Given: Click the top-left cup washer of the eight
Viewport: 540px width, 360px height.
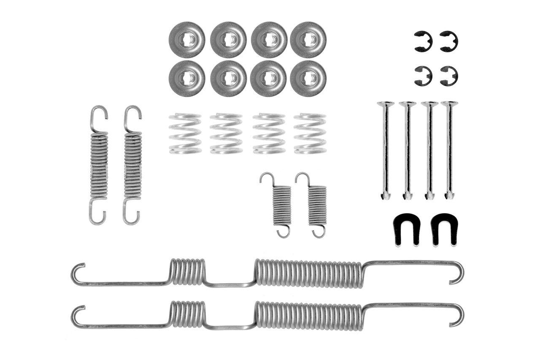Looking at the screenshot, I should pyautogui.click(x=186, y=40).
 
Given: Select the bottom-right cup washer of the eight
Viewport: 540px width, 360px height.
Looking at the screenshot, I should pyautogui.click(x=308, y=78).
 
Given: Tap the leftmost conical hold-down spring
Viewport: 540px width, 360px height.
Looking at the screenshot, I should pyautogui.click(x=185, y=133).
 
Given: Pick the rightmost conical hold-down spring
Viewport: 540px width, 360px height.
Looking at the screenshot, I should pyautogui.click(x=310, y=133).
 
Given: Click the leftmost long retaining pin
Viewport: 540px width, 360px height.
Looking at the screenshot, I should pyautogui.click(x=386, y=150).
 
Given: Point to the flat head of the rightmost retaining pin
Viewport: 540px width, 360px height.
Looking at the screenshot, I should pyautogui.click(x=449, y=104).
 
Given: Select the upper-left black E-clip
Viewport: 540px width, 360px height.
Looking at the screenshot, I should pyautogui.click(x=423, y=41).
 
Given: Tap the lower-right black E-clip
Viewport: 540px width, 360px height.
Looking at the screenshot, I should pyautogui.click(x=448, y=76).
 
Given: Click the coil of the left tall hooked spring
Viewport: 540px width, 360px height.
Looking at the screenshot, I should pyautogui.click(x=99, y=165).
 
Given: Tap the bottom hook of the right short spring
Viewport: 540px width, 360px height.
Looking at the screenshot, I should pyautogui.click(x=319, y=231).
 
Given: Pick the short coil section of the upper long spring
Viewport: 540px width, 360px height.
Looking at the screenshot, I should pyautogui.click(x=187, y=272).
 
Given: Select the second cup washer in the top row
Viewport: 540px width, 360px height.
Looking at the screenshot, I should pyautogui.click(x=228, y=40).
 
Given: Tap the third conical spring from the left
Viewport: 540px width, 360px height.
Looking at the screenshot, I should pyautogui.click(x=269, y=133).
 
